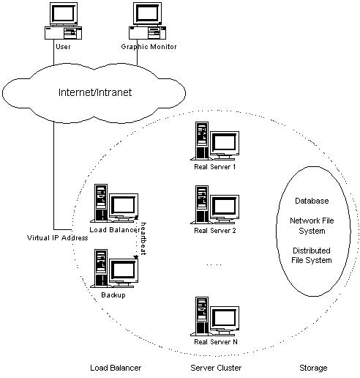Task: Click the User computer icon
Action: [x=62, y=22]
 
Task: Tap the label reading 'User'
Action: [x=62, y=48]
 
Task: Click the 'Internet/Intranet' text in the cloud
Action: [x=100, y=93]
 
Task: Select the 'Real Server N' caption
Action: [x=214, y=342]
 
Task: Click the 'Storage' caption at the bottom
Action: [x=312, y=367]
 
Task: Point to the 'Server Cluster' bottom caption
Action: [x=216, y=367]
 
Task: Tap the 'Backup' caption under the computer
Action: [x=113, y=294]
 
